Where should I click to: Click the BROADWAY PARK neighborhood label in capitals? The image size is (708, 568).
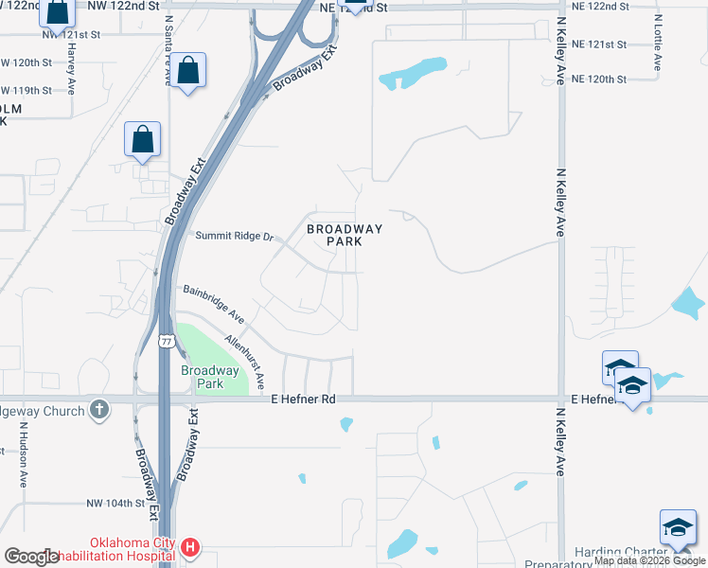coord(345,235)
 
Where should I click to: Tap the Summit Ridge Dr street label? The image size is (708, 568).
coord(234,236)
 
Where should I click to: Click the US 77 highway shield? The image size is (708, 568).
coord(167,341)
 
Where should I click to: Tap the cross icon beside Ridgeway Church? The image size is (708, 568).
coord(99,410)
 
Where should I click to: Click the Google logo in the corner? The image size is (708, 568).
coord(31,557)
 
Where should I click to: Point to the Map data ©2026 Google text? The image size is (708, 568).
coord(649,560)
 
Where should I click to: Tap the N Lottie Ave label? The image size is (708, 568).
coord(657,42)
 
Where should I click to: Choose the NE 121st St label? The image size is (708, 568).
coord(598,44)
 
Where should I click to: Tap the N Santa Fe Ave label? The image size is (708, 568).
coord(168,53)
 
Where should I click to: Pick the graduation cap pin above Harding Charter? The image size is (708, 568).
coord(678,528)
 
